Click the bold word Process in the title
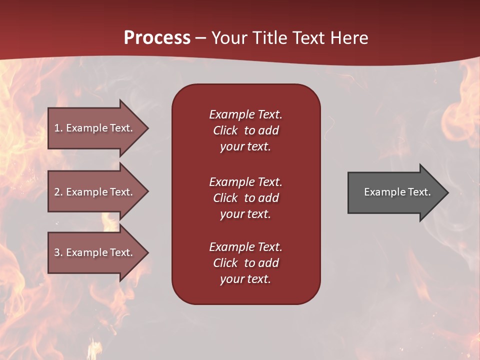[157, 38]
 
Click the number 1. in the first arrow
[58, 128]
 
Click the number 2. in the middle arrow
[58, 192]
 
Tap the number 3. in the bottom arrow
[58, 252]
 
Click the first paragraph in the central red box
[245, 130]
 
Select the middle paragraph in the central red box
[245, 197]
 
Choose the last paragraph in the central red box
[245, 263]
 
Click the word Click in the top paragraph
[225, 130]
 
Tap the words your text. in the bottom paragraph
[245, 279]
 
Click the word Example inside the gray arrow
[381, 192]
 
